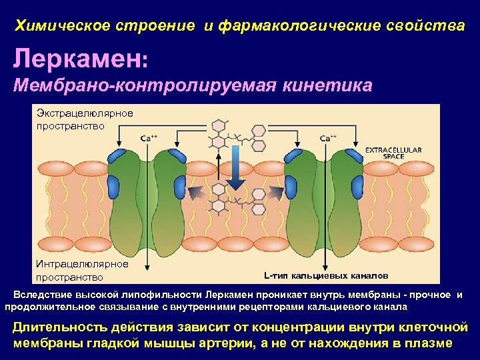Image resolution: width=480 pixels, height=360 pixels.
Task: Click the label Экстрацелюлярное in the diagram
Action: (x=84, y=113)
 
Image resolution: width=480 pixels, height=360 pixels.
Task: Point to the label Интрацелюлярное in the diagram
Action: (x=82, y=264)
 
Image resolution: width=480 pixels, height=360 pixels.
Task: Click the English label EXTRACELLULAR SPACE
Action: (x=393, y=153)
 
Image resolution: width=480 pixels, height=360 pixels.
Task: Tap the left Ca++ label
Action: (x=149, y=138)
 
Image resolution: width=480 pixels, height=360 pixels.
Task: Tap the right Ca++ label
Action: (x=328, y=138)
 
